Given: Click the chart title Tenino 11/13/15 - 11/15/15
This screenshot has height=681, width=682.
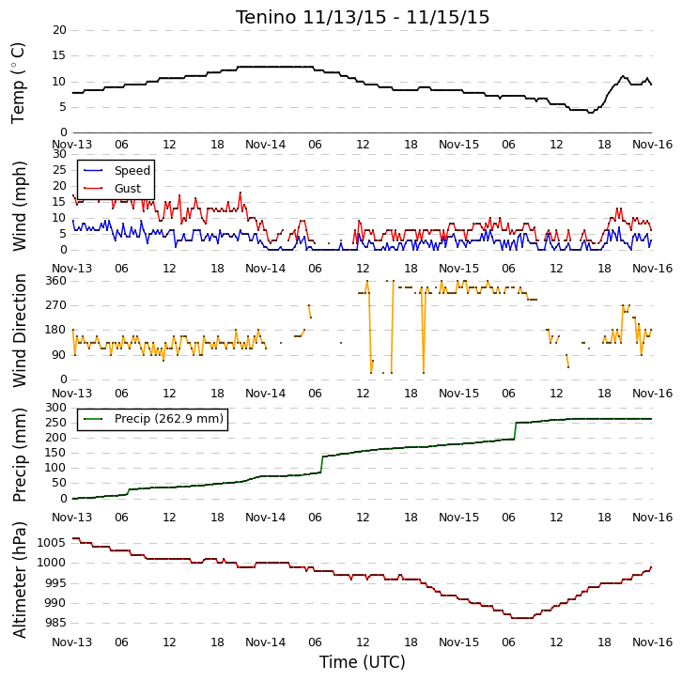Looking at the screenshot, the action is [363, 18].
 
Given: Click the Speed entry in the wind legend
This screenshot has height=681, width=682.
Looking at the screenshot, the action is [132, 170].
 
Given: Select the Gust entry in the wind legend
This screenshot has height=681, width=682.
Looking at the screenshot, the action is [128, 188].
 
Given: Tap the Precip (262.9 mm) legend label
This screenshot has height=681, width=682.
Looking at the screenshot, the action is [169, 418].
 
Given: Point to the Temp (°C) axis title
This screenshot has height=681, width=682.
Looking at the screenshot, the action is [18, 83].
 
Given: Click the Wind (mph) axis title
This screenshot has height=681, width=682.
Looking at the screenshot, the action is [19, 206].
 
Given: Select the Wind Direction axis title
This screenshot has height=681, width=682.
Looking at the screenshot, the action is [19, 331].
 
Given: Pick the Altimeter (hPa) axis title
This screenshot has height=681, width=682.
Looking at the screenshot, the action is [19, 580].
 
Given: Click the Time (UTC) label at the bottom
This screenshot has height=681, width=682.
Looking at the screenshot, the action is [363, 662].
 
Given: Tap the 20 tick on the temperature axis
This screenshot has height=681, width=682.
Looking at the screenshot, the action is [59, 30].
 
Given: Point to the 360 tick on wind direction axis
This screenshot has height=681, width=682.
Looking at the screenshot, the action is [56, 281].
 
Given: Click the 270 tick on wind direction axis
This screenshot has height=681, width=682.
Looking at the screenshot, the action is [56, 305].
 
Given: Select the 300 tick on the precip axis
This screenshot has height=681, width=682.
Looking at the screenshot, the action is [56, 408].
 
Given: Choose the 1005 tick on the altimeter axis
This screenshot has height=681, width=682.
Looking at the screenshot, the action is [52, 542].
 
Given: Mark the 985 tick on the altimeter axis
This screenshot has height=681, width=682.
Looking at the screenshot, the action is [54, 623].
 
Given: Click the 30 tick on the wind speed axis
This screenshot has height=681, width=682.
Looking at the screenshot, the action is [59, 154].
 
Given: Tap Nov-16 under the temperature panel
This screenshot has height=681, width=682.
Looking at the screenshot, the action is [653, 145].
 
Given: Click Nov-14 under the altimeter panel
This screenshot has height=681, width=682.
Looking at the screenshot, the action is [265, 642].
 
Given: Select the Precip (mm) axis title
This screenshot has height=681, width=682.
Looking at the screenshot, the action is [19, 455].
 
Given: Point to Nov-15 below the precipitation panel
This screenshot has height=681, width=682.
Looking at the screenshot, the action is [458, 517].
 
